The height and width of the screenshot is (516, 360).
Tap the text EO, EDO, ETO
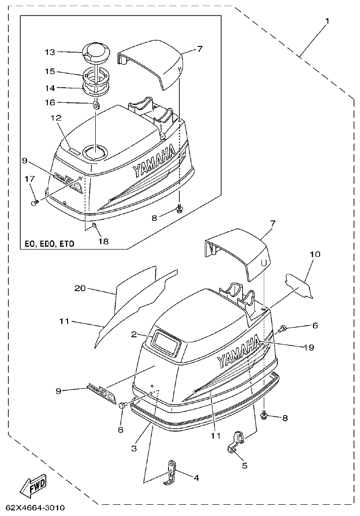[x=49, y=244]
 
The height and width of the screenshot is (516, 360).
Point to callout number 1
[x=327, y=21]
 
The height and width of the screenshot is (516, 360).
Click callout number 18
[x=103, y=242]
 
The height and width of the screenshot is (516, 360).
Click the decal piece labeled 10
[x=299, y=285]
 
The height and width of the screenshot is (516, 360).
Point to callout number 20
[x=80, y=288]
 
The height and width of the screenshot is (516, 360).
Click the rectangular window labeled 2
[x=165, y=342]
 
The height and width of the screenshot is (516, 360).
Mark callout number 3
[x=134, y=448]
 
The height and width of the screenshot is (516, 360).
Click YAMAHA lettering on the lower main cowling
[x=238, y=352]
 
